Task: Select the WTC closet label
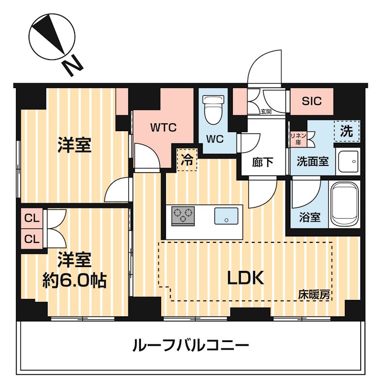click(x=164, y=128)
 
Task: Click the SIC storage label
click(x=312, y=101)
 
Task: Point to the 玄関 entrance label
click(x=266, y=112)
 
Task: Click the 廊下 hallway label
click(x=263, y=162)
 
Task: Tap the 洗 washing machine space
click(x=347, y=131)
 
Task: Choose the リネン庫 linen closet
click(x=298, y=139)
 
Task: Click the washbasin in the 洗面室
click(x=348, y=162)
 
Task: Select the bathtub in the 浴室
click(x=345, y=204)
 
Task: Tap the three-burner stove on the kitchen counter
click(x=183, y=215)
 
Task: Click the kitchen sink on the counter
click(x=226, y=216)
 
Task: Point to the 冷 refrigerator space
click(x=187, y=160)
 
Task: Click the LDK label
click(x=246, y=278)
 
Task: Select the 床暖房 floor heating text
click(x=314, y=294)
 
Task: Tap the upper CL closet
click(x=32, y=219)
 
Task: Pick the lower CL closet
click(x=32, y=238)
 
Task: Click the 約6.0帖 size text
click(x=75, y=280)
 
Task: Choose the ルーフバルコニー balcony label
click(x=191, y=345)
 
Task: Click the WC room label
click(x=215, y=139)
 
